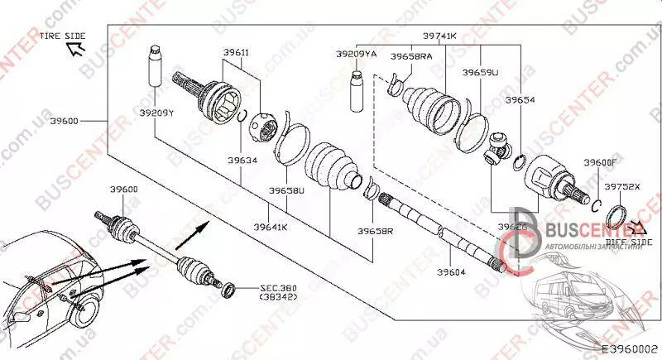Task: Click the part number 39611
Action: point(236,52)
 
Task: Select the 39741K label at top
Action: point(440,36)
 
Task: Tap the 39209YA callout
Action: point(356,54)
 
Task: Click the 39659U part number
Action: point(480,73)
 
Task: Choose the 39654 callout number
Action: point(520,99)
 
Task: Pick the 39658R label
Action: point(376,232)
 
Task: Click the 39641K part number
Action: point(271,226)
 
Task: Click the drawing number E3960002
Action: point(628,350)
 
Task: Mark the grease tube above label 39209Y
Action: point(154,69)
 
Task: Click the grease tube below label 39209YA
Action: point(357,90)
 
